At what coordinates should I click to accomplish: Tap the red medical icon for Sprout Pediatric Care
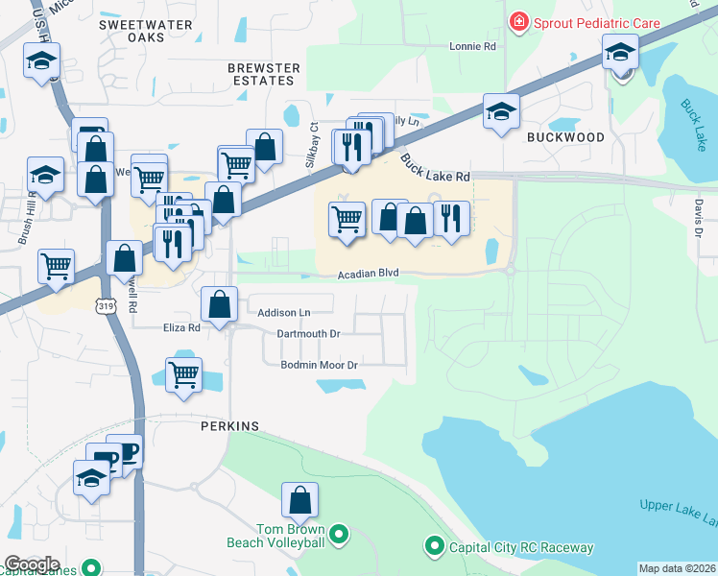[519, 20]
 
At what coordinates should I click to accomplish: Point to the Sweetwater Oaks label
[145, 32]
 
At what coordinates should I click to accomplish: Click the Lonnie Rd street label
[477, 46]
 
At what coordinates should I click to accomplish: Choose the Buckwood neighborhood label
[566, 137]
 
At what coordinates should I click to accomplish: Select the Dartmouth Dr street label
[308, 333]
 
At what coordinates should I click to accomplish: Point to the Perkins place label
[229, 425]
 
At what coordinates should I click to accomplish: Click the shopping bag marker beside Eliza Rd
[220, 305]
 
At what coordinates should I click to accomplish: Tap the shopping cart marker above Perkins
[183, 374]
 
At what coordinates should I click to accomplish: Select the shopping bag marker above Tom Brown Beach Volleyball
[299, 499]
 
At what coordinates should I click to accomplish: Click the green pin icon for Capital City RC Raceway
[434, 548]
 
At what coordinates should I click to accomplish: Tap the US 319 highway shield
[105, 304]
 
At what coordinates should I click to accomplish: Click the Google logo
[32, 564]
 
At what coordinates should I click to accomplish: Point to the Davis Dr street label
[699, 218]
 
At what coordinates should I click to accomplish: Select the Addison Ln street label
[284, 313]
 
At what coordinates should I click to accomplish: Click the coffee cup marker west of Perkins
[126, 450]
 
